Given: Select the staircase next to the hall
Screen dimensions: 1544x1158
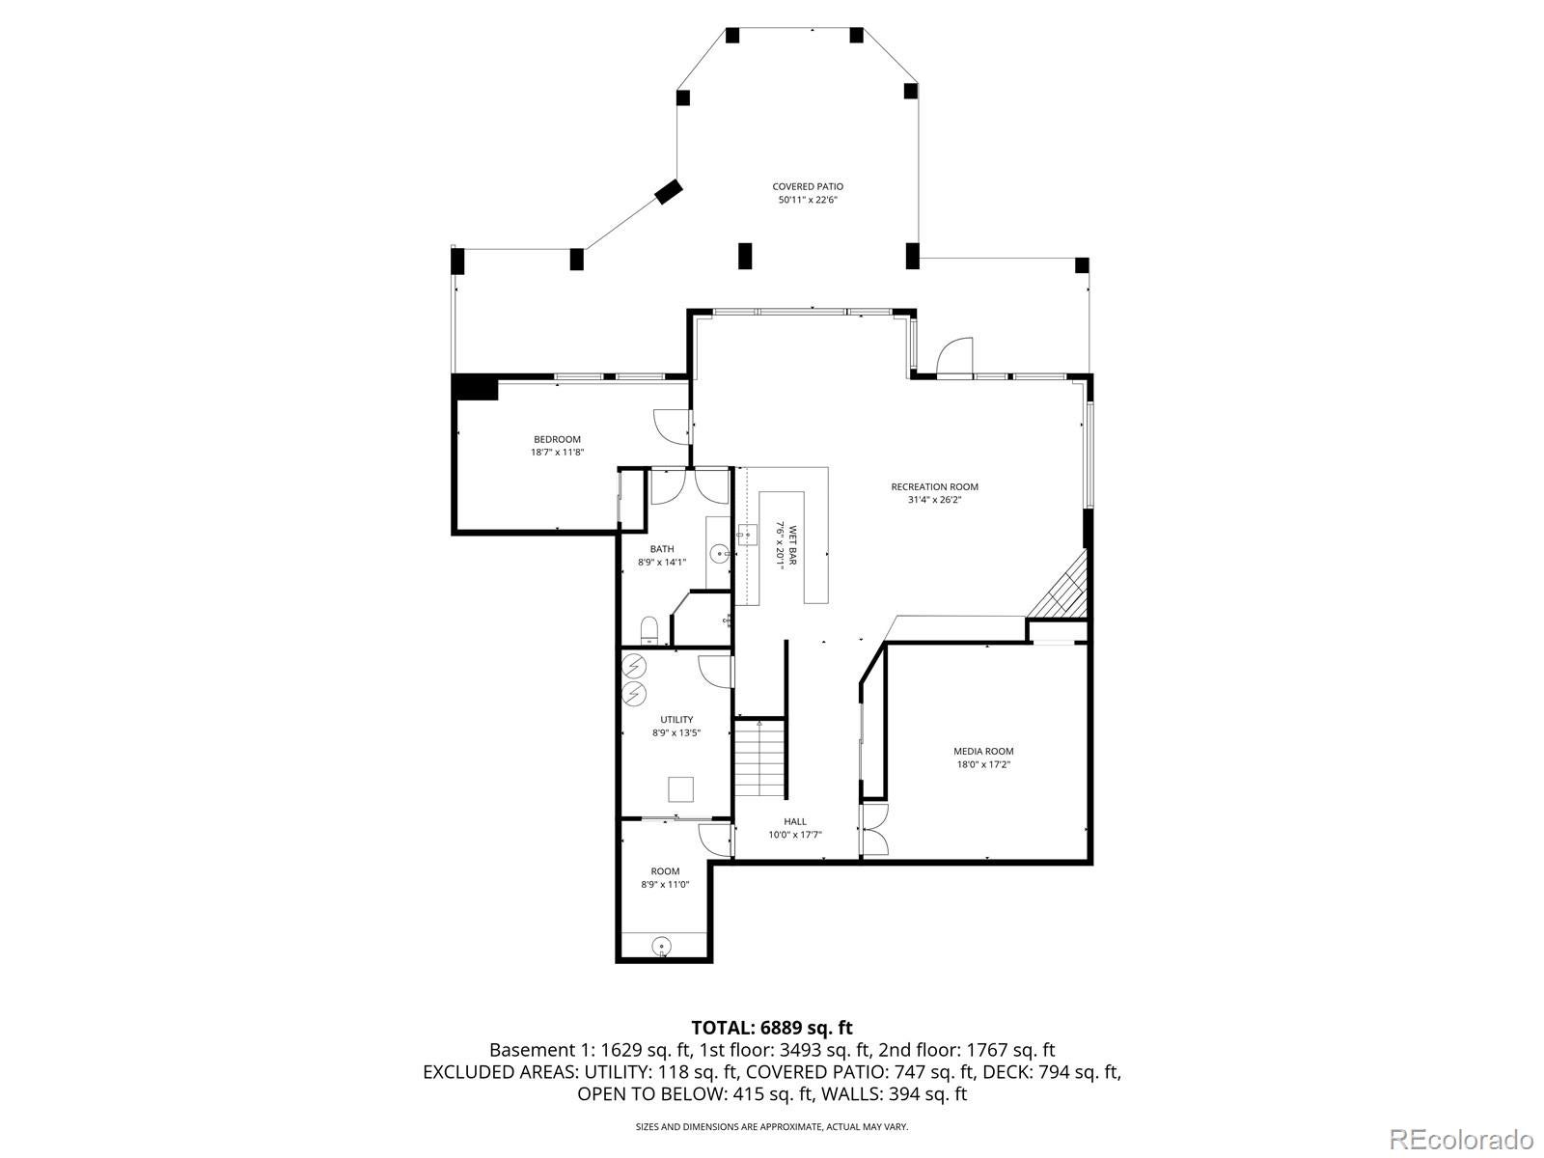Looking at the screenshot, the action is point(759,758).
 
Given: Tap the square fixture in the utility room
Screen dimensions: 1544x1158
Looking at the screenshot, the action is point(681,788).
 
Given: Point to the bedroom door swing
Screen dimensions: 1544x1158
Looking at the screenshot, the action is point(671,427).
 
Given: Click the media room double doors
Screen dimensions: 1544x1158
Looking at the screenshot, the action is point(874,830).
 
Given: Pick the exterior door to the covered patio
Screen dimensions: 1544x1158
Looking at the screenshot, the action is point(954,357).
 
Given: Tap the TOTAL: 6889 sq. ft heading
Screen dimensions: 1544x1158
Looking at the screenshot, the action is point(772,1028).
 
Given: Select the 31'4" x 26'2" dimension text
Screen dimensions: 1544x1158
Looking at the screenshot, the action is point(934,500).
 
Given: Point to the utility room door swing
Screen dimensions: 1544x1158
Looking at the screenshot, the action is point(716,672).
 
